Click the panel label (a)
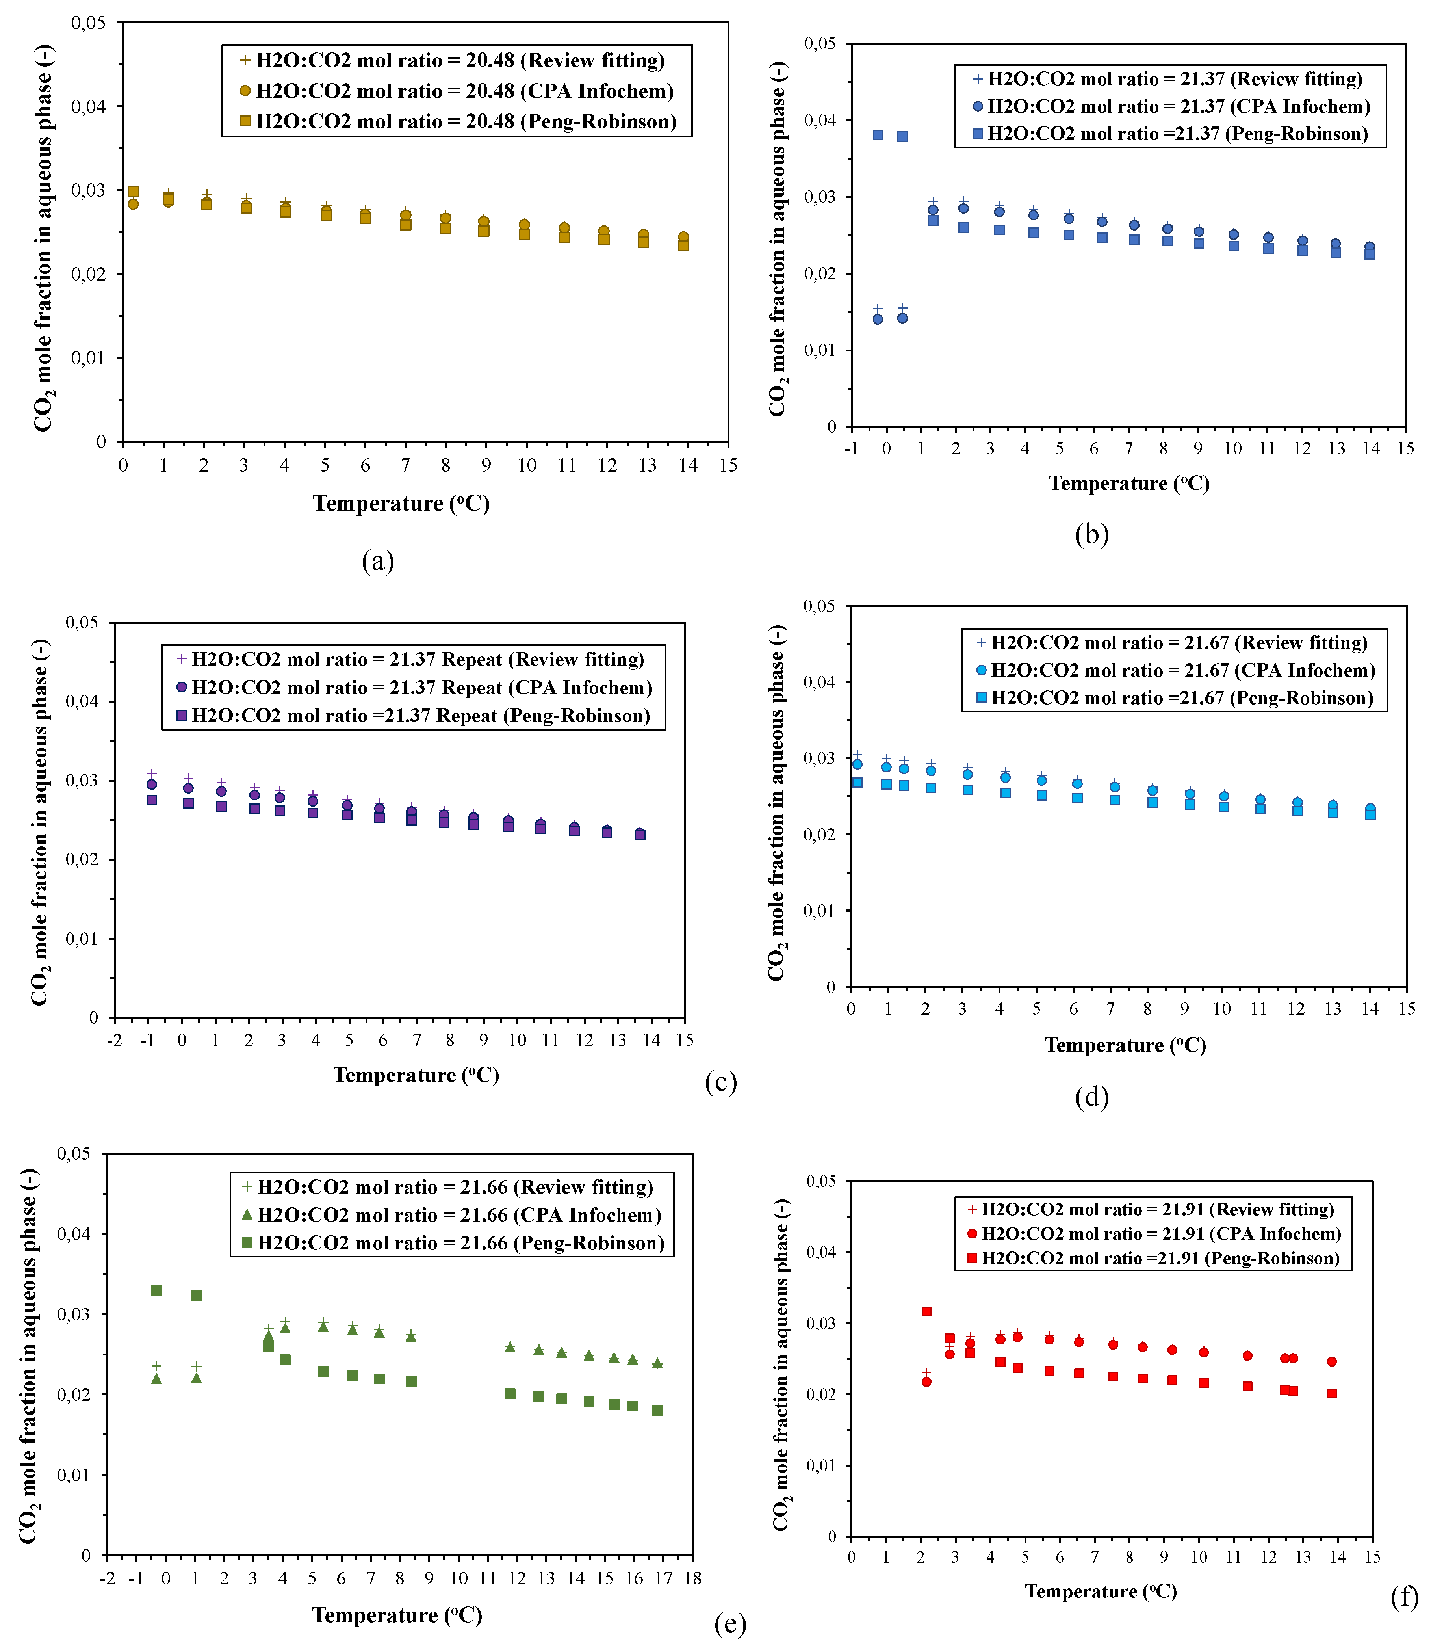click(378, 561)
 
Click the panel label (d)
click(1091, 1097)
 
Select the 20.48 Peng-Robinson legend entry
click(458, 121)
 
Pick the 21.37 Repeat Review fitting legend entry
click(410, 659)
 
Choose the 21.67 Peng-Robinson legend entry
click(1175, 698)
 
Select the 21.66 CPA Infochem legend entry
click(453, 1215)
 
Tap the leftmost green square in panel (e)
click(156, 1290)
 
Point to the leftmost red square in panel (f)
click(926, 1311)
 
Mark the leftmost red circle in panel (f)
click(926, 1382)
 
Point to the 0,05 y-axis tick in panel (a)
click(88, 22)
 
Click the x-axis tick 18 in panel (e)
click(692, 1578)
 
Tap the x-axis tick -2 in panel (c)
click(114, 1040)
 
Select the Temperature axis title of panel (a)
click(401, 503)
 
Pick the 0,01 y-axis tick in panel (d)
click(819, 911)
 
